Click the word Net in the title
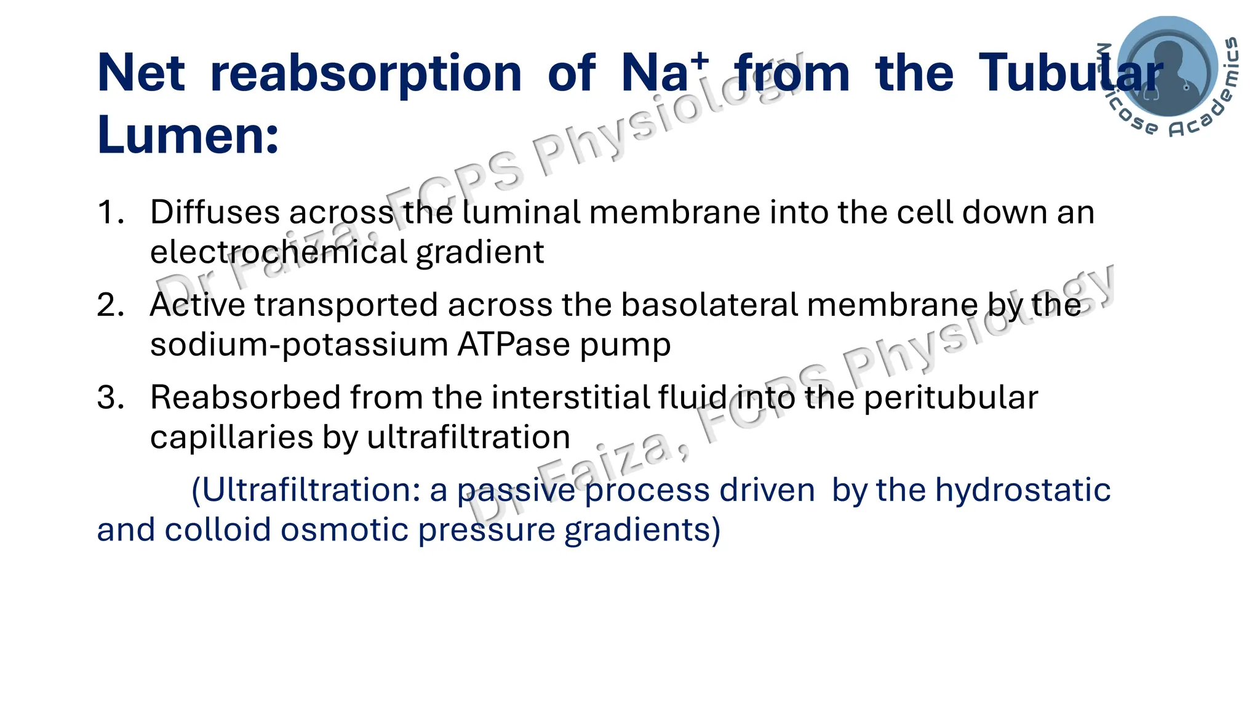[x=141, y=73]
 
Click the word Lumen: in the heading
[x=188, y=135]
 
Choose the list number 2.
[x=110, y=305]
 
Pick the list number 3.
[x=110, y=398]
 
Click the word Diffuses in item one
[x=215, y=212]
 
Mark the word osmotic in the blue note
[x=345, y=530]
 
